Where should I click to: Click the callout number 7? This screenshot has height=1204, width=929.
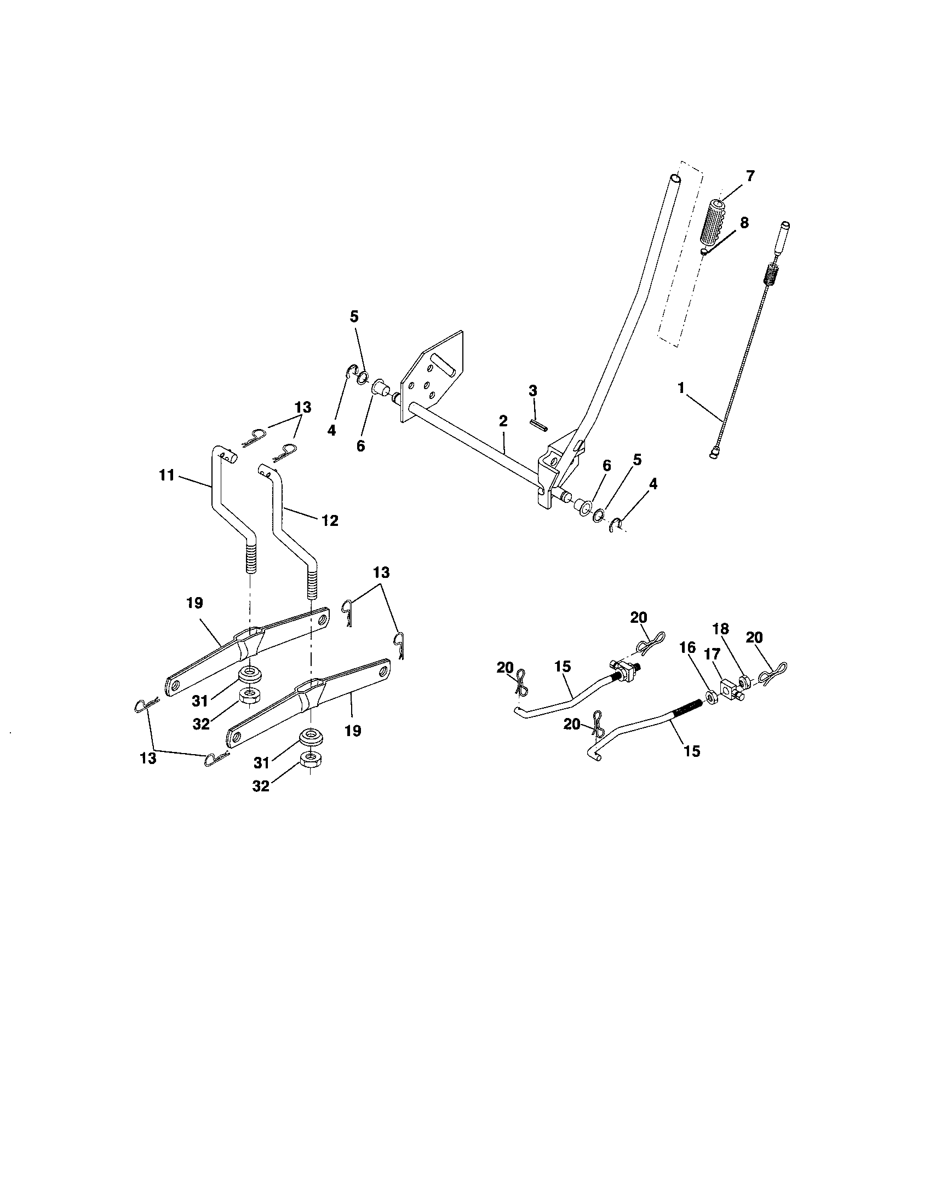(750, 177)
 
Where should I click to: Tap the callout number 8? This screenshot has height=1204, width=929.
(744, 223)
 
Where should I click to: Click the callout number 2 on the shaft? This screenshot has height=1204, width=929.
(502, 421)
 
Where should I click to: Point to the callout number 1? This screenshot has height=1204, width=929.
(681, 387)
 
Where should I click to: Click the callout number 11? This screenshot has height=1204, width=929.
(167, 474)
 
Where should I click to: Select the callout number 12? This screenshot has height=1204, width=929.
(330, 520)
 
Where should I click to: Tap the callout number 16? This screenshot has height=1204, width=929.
(687, 648)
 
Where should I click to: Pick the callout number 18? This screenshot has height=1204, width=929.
(720, 629)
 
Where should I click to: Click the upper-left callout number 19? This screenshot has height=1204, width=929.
(195, 603)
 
